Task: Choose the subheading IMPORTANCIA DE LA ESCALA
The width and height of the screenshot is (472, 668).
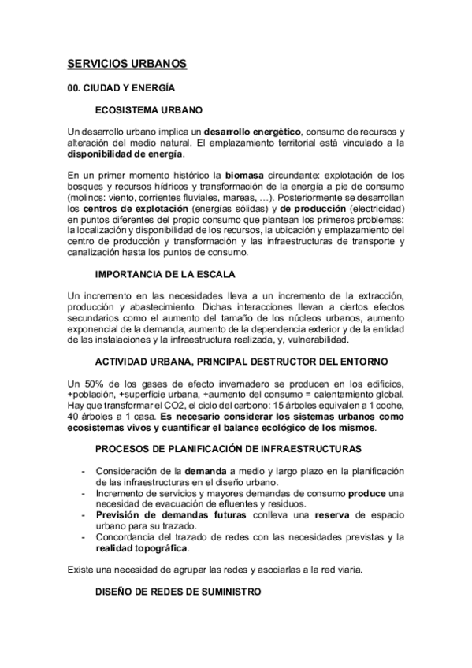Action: pyautogui.click(x=165, y=274)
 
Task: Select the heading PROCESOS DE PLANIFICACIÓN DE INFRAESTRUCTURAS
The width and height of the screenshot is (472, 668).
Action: pyautogui.click(x=229, y=449)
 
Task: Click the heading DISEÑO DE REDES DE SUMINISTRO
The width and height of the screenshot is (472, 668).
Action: pyautogui.click(x=177, y=592)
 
